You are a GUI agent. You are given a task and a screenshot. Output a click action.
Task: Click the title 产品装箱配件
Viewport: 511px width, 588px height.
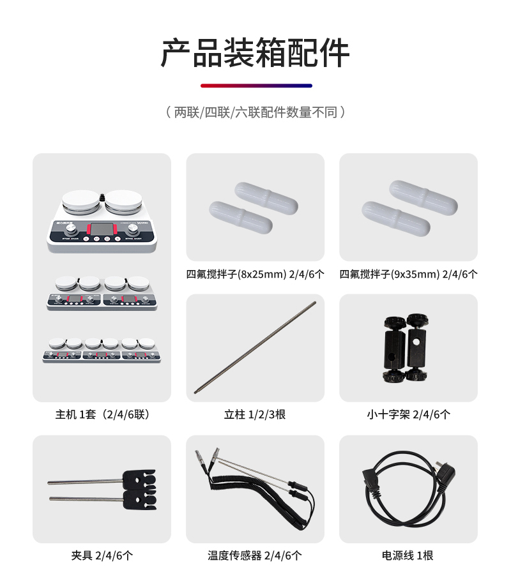pos(255,53)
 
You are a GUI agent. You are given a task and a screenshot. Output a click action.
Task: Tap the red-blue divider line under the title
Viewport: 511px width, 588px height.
pos(256,86)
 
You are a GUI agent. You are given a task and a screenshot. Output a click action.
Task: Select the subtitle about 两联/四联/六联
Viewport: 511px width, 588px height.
pos(255,113)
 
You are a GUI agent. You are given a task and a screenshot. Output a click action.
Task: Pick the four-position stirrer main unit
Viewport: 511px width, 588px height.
pos(102,293)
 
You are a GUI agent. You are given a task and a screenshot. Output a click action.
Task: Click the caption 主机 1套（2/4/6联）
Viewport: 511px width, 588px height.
pos(102,414)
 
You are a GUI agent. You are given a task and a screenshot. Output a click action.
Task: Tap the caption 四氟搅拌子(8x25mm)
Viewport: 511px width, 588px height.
pos(255,275)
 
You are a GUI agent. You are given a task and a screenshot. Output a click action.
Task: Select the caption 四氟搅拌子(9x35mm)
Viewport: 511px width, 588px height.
pos(408,275)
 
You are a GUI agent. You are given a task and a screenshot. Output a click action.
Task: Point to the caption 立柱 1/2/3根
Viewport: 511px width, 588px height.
pos(255,414)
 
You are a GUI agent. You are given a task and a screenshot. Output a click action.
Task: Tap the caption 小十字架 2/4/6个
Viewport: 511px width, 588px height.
pos(408,414)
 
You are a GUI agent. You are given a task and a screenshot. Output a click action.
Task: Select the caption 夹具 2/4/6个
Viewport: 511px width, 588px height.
pos(102,555)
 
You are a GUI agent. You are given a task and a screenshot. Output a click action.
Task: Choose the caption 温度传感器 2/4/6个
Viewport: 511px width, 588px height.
pos(255,555)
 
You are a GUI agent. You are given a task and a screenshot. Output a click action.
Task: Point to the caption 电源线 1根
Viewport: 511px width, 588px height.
pos(408,555)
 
